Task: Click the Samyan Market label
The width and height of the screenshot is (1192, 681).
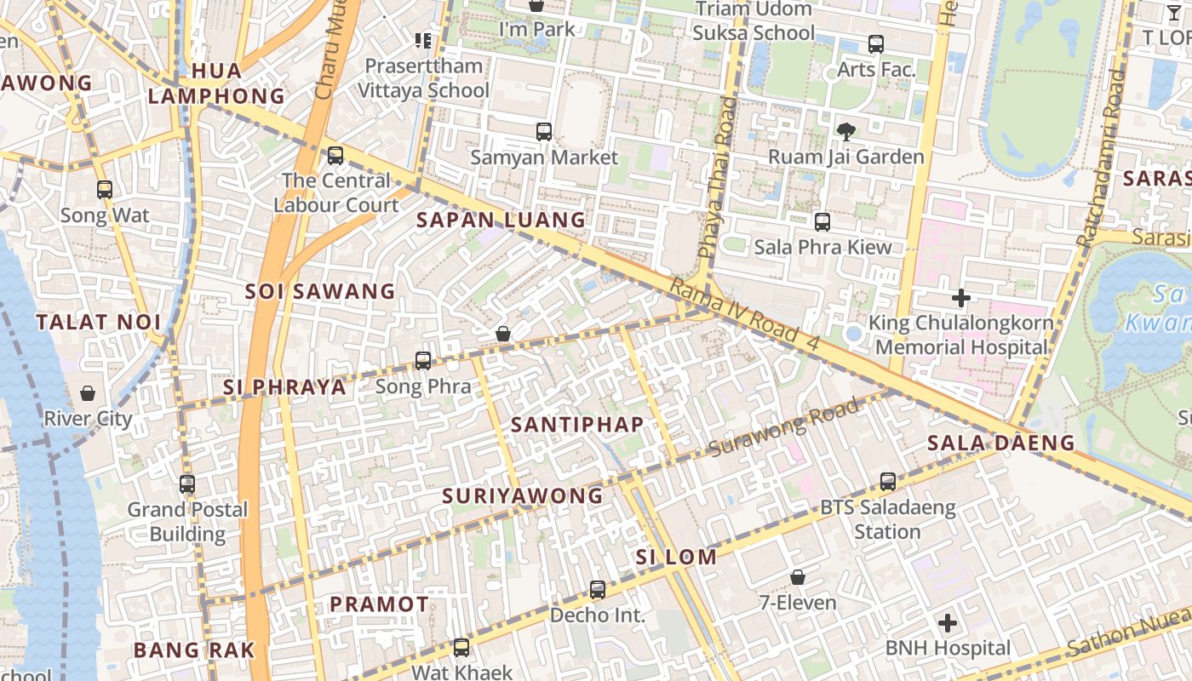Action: (544, 157)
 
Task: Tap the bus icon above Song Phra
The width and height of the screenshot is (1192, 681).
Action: (423, 361)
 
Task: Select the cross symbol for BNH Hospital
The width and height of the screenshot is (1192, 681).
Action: (948, 624)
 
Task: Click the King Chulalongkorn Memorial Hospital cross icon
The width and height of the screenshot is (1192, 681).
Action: (961, 298)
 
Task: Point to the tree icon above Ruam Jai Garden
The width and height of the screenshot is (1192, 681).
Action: (845, 131)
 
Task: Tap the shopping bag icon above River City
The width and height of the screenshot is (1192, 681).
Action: (88, 393)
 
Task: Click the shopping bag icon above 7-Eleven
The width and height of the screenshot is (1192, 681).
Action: (798, 578)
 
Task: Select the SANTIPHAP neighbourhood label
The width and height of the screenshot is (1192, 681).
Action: (577, 424)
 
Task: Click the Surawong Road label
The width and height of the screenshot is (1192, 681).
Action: (783, 428)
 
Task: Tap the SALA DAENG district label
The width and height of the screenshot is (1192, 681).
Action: (1001, 443)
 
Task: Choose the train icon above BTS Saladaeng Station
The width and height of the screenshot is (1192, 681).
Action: (888, 482)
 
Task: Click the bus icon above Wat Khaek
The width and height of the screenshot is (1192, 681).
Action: (461, 648)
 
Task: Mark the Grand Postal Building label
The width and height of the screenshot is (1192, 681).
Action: (187, 522)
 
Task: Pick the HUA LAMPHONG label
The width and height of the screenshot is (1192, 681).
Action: (217, 83)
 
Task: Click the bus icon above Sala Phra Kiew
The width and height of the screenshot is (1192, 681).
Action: (822, 222)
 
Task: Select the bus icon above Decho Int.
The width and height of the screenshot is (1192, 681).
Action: (598, 590)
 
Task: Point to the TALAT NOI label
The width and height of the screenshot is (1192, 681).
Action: (99, 322)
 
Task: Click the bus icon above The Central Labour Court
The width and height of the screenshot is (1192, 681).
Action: (335, 156)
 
